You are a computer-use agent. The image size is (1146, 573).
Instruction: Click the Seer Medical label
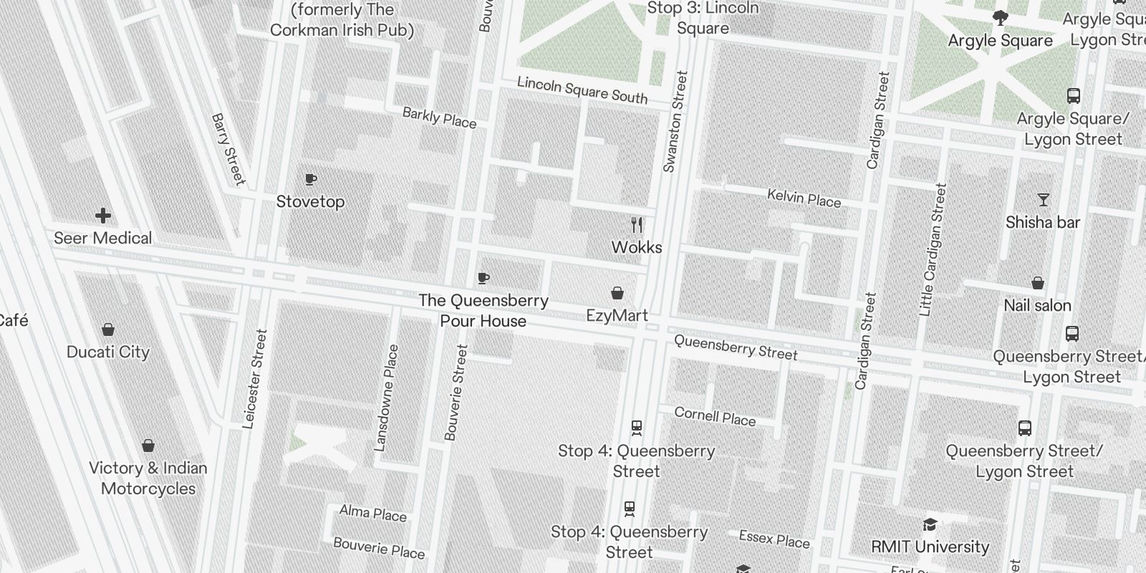103,238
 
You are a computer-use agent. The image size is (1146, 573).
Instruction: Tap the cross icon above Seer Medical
103,215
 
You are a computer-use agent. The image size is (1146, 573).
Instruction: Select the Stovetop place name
310,202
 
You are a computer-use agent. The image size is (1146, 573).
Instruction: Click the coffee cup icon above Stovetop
310,179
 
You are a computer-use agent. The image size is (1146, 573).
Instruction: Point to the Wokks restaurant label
637,247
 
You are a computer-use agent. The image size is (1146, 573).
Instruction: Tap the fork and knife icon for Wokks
637,225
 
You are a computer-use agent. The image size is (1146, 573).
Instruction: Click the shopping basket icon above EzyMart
617,293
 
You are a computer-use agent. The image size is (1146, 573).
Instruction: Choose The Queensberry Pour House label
483,311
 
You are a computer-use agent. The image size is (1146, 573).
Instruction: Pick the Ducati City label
108,352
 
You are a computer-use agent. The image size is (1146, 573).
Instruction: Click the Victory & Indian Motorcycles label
148,478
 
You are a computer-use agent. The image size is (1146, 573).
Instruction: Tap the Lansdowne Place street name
386,398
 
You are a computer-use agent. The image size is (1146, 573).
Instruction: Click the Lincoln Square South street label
582,90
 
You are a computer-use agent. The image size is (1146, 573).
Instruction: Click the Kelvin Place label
804,198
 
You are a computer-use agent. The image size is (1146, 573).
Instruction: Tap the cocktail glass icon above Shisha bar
1043,200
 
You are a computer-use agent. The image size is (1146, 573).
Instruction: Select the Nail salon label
1037,306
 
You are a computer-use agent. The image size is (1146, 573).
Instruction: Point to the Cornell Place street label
715,416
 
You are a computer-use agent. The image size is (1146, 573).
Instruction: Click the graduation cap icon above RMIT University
930,524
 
